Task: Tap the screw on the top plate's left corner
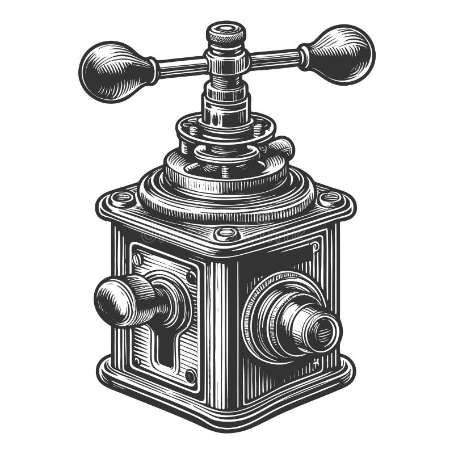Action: (x=121, y=198)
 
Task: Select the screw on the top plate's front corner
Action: (x=226, y=233)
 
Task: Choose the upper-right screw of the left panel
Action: (x=191, y=277)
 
